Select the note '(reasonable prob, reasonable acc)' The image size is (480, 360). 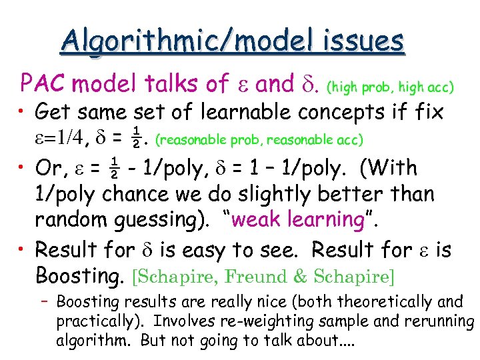pyautogui.click(x=259, y=140)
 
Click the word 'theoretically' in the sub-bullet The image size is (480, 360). pyautogui.click(x=387, y=301)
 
